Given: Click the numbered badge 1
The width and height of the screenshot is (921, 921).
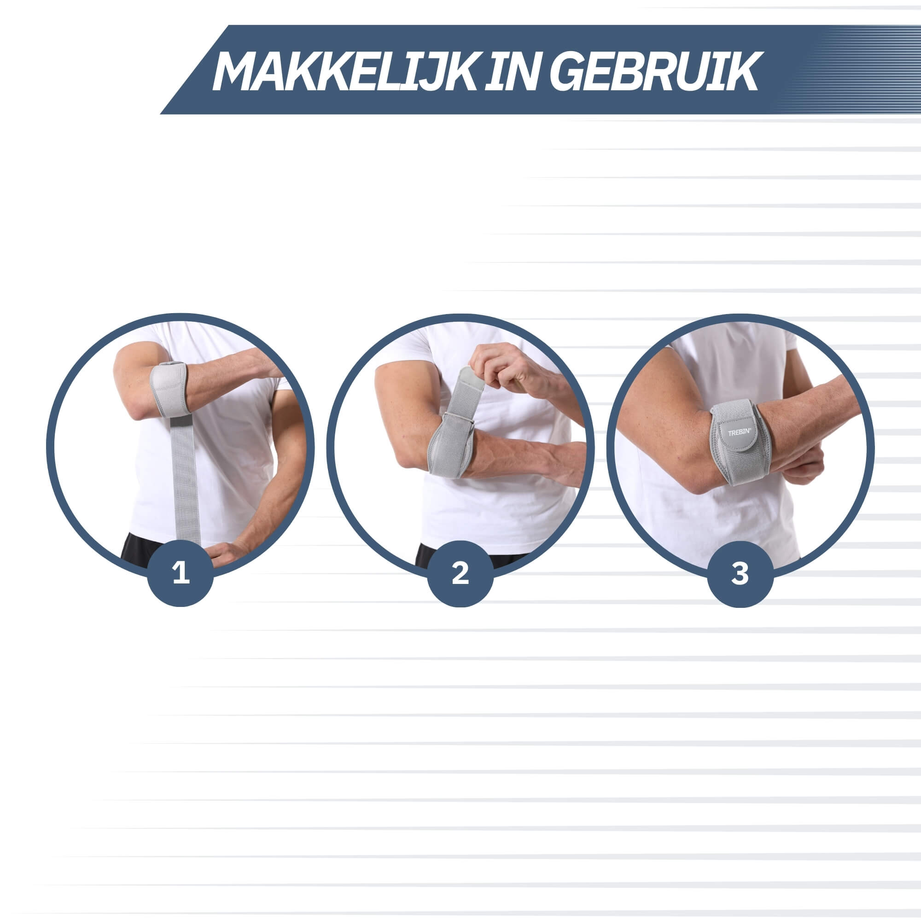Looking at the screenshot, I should click(181, 573).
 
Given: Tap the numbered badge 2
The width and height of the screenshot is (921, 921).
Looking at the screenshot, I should click(460, 573).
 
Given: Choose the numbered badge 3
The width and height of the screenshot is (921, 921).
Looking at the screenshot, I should click(740, 573).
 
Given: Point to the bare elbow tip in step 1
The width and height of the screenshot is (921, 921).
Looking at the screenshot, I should click(134, 410).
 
